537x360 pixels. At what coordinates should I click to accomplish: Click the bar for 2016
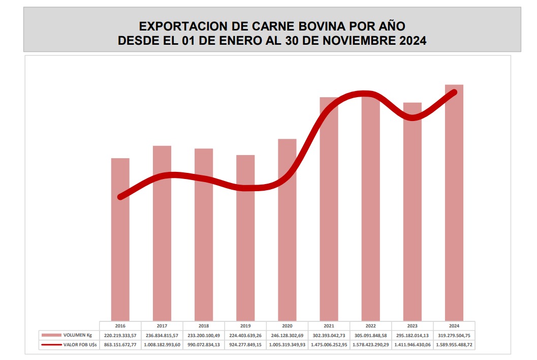tap(120, 239)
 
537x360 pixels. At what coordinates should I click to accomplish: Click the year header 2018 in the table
tap(204, 325)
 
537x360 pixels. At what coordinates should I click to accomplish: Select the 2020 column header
tap(287, 325)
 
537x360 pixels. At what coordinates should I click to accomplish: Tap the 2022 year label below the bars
tap(370, 325)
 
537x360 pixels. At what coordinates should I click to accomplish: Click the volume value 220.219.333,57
tap(120, 335)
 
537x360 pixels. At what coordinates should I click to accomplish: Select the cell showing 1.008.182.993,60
tap(162, 345)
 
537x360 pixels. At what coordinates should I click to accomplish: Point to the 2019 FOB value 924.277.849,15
tap(245, 345)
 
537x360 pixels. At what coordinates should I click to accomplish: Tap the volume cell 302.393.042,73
tap(329, 335)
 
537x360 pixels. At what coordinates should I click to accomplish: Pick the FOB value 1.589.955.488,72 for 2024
tap(454, 345)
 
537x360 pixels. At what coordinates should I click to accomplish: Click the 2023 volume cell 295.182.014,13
tap(412, 335)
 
